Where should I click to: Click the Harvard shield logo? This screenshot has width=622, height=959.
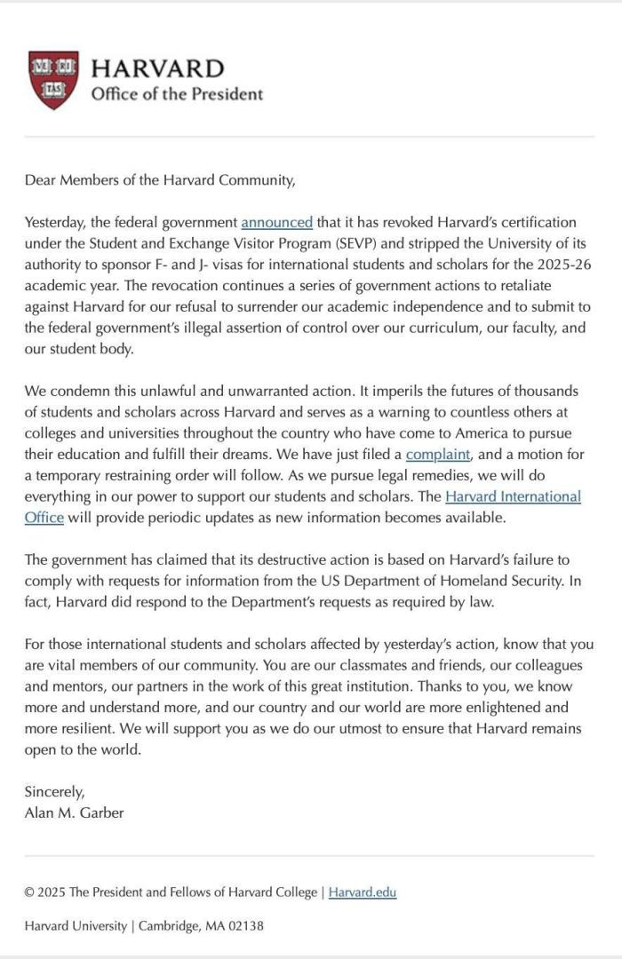coord(53,80)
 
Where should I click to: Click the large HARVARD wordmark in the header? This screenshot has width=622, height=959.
coord(157,68)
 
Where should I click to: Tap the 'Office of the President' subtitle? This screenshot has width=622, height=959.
coord(177,94)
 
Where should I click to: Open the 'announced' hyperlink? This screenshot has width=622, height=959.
coord(276,222)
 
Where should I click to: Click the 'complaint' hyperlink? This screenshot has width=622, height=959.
coord(437,455)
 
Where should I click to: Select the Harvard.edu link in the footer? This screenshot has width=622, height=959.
coord(363,892)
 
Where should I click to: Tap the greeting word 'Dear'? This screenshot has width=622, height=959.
coord(41,180)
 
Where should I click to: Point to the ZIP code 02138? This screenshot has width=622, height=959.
coord(246,925)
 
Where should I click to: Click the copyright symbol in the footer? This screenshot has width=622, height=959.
coord(29,892)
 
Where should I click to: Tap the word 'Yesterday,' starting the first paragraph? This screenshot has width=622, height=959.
coord(59,222)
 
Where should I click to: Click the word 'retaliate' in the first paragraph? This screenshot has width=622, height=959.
coord(521,283)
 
